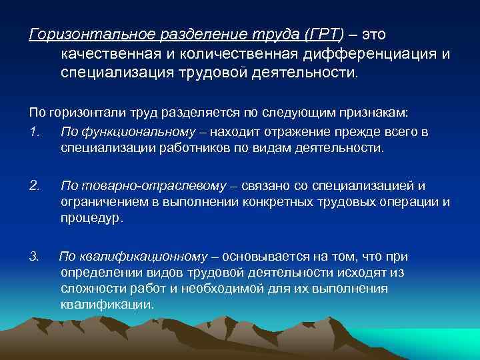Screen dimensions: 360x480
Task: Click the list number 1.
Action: tap(34, 132)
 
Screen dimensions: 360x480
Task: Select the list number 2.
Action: tap(35, 185)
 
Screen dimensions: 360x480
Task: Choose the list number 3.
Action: tap(34, 256)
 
